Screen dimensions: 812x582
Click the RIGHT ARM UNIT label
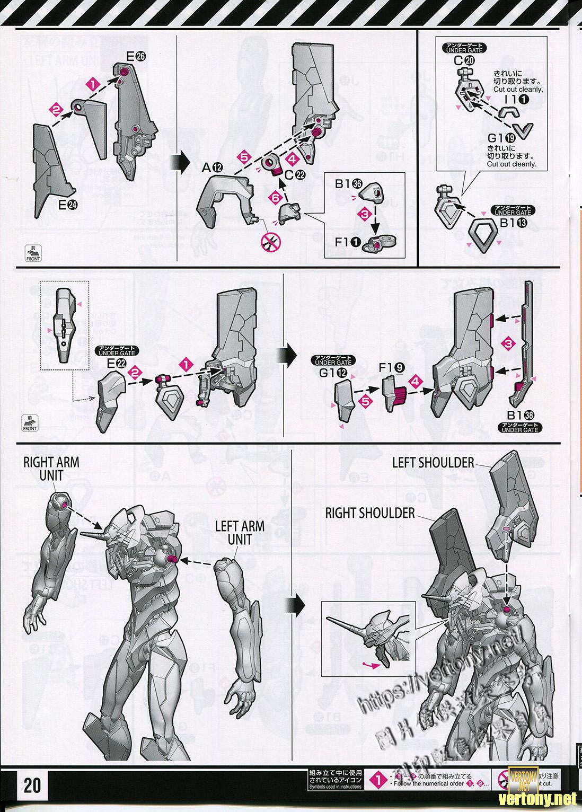coord(51,469)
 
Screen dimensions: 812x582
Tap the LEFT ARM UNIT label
coord(240,533)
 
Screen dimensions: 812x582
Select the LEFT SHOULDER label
coord(433,463)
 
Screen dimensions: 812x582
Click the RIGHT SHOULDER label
coord(370,513)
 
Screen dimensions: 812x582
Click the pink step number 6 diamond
coord(275,197)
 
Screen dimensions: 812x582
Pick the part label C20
coord(466,60)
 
